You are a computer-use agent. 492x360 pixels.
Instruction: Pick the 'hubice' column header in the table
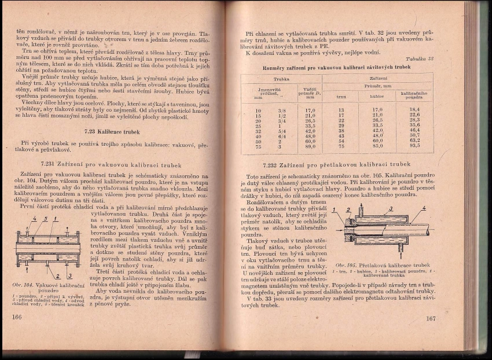pyautogui.click(x=377, y=96)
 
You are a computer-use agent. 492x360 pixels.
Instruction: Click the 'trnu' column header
pyautogui.click(x=342, y=96)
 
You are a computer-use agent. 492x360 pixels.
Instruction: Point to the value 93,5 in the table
pyautogui.click(x=414, y=146)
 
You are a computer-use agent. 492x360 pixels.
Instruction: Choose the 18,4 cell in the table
pyautogui.click(x=414, y=109)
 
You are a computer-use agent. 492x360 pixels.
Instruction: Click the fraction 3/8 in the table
pyautogui.click(x=282, y=109)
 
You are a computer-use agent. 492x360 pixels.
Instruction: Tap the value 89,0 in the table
pyautogui.click(x=310, y=146)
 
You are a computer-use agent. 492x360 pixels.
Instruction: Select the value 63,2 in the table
pyautogui.click(x=414, y=141)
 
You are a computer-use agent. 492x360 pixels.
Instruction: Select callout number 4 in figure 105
pyautogui.click(x=424, y=208)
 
